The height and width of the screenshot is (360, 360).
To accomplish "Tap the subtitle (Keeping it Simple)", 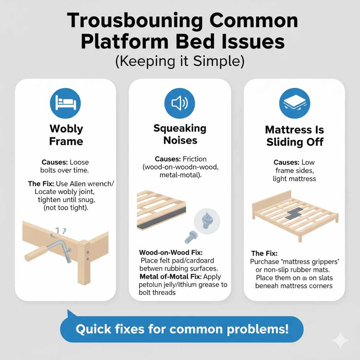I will (x=180, y=61).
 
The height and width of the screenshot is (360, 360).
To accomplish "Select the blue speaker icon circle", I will (x=180, y=103).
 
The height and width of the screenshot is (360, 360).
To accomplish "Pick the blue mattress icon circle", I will (x=294, y=103).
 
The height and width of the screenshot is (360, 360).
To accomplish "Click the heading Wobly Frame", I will (x=66, y=135).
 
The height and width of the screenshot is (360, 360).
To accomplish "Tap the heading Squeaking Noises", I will (x=180, y=134).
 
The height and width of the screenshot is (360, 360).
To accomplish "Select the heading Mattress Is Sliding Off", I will (x=294, y=136).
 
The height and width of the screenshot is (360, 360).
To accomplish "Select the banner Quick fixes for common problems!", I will (x=182, y=329).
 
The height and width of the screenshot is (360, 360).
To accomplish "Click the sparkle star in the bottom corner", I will (x=340, y=340).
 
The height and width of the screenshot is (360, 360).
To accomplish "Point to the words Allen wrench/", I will (x=96, y=184).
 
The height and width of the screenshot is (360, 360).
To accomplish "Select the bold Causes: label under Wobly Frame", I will (x=54, y=162).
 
